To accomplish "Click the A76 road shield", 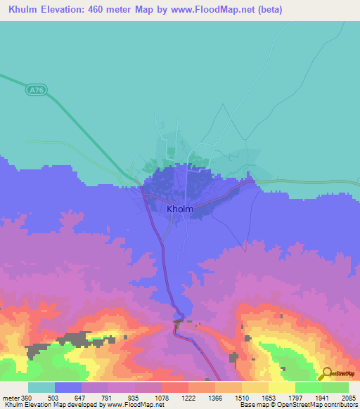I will coord(36,89).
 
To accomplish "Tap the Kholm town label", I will coord(181,209).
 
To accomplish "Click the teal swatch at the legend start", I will coord(41,387).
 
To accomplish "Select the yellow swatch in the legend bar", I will coord(281,387).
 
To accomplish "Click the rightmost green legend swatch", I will coord(335,387).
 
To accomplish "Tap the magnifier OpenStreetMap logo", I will coord(326,374).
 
